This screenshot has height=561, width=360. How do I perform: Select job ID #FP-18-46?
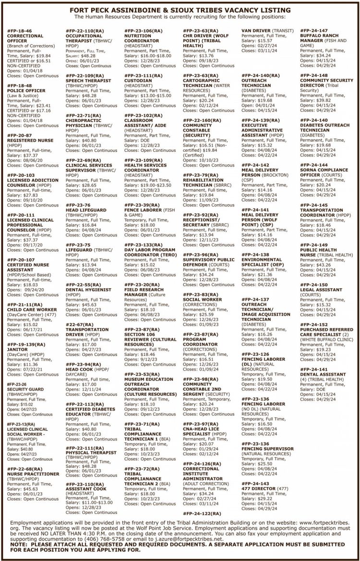click(19, 30)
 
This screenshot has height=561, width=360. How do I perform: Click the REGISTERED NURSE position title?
click(31, 141)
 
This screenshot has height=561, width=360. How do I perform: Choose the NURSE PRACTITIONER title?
click(33, 474)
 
